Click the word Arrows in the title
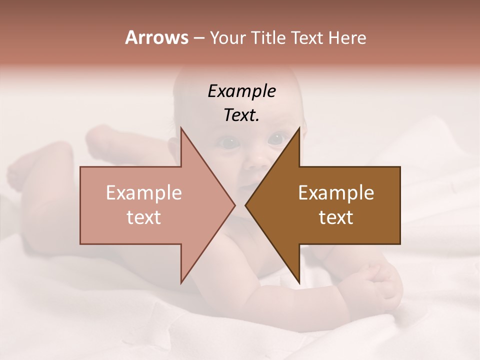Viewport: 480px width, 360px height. click(x=156, y=37)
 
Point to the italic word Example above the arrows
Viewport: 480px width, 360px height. click(x=241, y=91)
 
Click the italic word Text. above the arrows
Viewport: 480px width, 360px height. click(x=241, y=115)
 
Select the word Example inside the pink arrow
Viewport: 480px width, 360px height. click(x=144, y=192)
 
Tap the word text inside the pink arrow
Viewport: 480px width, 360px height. click(x=144, y=217)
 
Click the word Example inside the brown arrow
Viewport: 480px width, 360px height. click(x=336, y=192)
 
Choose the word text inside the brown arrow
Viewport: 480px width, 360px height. click(x=336, y=217)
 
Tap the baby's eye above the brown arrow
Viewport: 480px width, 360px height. click(x=276, y=138)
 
